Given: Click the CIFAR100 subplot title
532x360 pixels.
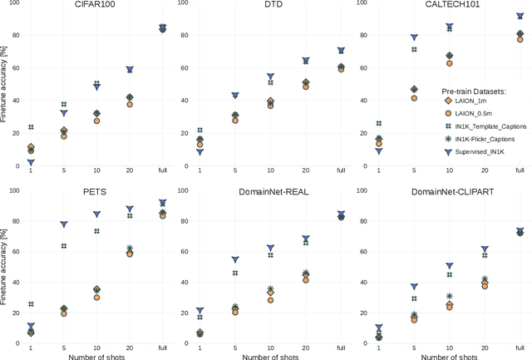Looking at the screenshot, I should pos(96,5).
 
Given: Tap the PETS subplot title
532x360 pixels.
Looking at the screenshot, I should pos(96,192).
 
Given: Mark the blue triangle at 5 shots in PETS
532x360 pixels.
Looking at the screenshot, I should pos(64,224).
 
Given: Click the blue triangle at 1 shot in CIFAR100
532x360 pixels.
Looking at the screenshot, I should pos(31,163).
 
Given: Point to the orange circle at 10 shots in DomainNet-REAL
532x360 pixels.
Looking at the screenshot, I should pos(270,300).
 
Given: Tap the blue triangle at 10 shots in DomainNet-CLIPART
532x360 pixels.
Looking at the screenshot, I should pos(450,266).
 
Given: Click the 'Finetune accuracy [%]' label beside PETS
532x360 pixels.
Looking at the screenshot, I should pos(5,267).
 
